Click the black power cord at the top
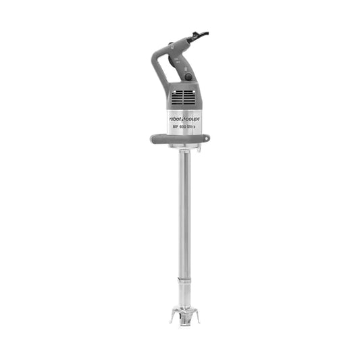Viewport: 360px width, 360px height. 201,33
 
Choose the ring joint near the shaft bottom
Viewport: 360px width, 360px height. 184,278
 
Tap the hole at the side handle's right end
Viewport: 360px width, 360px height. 204,138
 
